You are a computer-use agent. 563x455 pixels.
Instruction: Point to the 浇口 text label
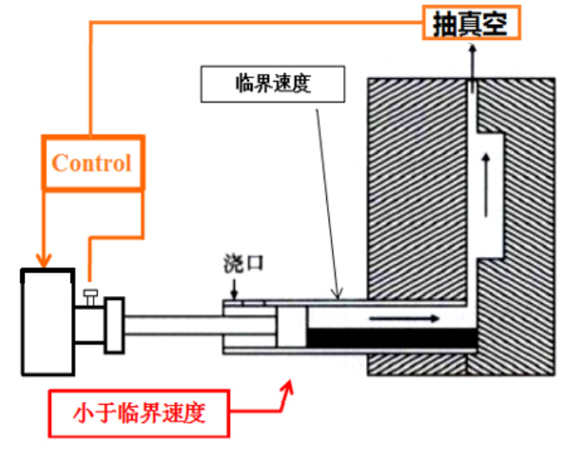[x=244, y=263]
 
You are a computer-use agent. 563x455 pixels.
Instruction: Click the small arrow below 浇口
[x=234, y=289]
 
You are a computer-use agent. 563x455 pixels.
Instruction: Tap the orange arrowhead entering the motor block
[x=43, y=260]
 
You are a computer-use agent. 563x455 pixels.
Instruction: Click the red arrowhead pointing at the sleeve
[x=288, y=387]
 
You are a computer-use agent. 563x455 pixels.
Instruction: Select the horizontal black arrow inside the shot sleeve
[x=404, y=319]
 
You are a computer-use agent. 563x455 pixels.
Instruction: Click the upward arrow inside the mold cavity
[x=486, y=186]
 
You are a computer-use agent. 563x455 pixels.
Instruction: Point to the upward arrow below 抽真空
[x=473, y=68]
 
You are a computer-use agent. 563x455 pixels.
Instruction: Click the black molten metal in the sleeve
[x=392, y=338]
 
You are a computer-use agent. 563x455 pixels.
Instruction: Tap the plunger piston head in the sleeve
[x=291, y=326]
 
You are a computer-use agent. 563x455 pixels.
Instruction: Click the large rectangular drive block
[x=48, y=321]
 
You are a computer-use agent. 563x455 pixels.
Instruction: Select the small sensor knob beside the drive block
[x=91, y=297]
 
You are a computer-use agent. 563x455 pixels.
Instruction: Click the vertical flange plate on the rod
[x=115, y=326]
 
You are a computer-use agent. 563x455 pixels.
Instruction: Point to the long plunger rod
[x=200, y=326]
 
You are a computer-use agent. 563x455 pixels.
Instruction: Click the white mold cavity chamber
[x=490, y=196]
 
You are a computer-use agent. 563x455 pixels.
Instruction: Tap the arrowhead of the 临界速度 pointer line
[x=337, y=294]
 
